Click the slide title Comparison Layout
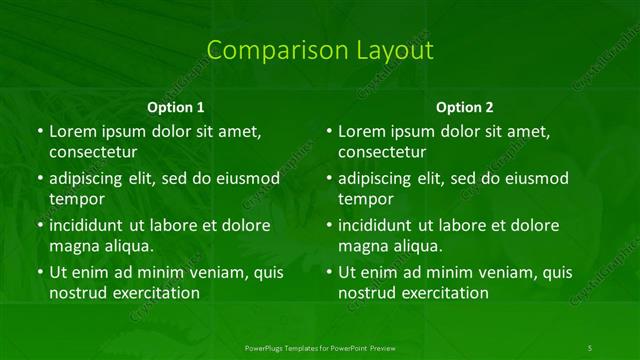320,51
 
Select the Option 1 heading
176,107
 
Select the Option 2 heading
465,107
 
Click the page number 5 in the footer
590,347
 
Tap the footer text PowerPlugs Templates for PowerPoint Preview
320,347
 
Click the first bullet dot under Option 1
38,132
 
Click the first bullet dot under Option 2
327,132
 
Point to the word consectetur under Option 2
382,152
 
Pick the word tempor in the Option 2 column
364,199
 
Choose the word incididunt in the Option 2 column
377,225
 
